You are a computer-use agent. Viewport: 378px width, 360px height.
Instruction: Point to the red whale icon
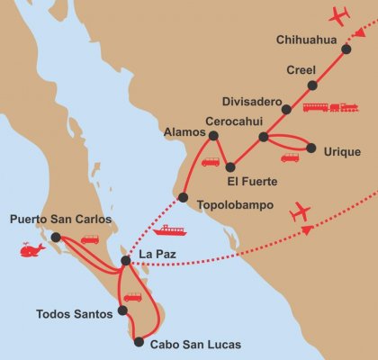pos(33,249)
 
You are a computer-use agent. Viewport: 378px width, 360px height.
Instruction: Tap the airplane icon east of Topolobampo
pos(301,212)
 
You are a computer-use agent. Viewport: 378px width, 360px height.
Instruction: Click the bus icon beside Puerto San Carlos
pos(90,239)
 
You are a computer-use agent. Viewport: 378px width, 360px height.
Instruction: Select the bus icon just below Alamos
pos(210,162)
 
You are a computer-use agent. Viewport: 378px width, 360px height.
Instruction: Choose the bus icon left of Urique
pos(290,157)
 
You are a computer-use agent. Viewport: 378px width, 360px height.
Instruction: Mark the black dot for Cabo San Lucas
pos(139,341)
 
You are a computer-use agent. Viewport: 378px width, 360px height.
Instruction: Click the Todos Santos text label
pos(75,314)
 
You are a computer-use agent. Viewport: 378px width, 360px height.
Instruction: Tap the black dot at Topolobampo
pos(183,198)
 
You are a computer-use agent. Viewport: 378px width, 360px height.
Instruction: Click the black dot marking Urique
pos(311,148)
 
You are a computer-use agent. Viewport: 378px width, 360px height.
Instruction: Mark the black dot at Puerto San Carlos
pos(56,238)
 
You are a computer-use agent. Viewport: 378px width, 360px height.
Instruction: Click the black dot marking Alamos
pos(213,136)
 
